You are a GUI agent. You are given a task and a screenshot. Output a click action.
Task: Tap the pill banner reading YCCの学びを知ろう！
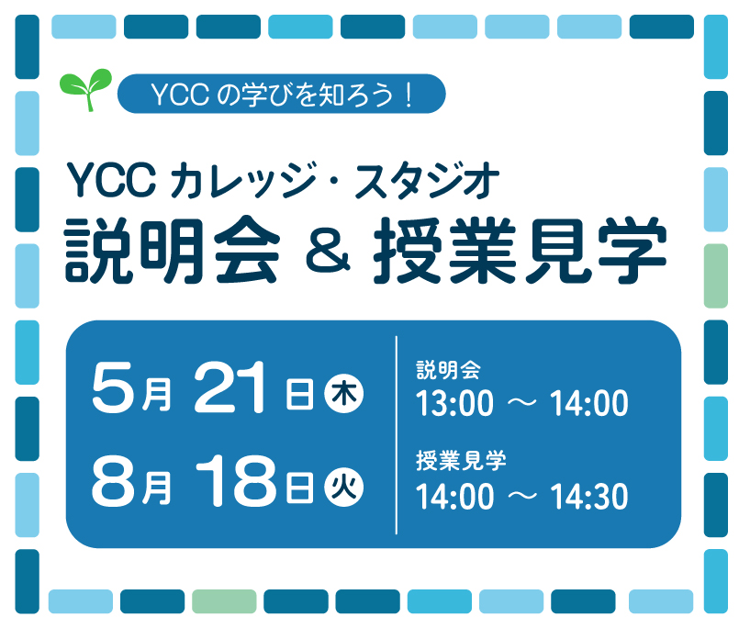click(x=281, y=93)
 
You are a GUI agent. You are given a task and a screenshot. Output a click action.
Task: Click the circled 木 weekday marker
click(x=344, y=395)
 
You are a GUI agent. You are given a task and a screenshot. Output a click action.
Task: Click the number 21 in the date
click(x=233, y=390)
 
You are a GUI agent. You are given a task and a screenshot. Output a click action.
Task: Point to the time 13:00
click(x=455, y=404)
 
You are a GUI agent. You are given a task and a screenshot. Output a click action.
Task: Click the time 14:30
click(x=588, y=497)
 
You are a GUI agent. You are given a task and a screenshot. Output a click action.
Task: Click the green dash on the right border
click(x=715, y=275)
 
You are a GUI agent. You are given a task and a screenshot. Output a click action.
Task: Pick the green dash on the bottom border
click(x=224, y=601)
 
